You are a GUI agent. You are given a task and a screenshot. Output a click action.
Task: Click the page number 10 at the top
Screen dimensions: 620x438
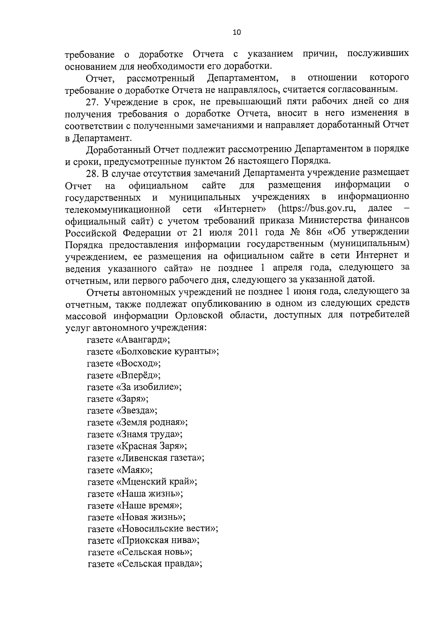click(237, 32)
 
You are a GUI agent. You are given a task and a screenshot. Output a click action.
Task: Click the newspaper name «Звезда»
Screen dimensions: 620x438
click(136, 410)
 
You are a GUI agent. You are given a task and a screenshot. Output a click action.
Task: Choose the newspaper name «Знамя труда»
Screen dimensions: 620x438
click(149, 434)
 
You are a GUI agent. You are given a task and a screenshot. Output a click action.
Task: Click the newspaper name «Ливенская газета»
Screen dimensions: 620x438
click(160, 458)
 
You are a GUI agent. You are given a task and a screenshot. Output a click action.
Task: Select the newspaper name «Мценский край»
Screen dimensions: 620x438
click(156, 482)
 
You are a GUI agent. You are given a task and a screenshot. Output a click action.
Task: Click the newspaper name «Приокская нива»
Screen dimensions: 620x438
click(158, 541)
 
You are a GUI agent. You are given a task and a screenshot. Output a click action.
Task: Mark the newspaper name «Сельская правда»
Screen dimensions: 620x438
click(159, 564)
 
